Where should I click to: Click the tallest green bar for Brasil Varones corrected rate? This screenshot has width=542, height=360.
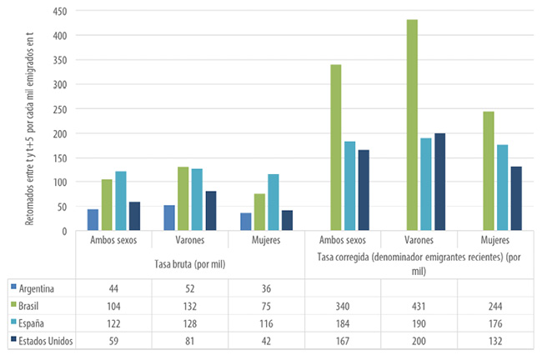pyautogui.click(x=412, y=125)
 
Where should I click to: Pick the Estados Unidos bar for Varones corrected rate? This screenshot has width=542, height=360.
pyautogui.click(x=439, y=182)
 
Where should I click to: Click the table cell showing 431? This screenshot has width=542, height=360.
pyautogui.click(x=419, y=306)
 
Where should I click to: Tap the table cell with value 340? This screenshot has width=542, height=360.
pyautogui.click(x=343, y=306)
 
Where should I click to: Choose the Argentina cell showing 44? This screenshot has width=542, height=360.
pyautogui.click(x=113, y=288)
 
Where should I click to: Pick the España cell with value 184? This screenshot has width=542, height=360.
pyautogui.click(x=343, y=322)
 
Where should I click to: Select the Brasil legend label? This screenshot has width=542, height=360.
pyautogui.click(x=32, y=306)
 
